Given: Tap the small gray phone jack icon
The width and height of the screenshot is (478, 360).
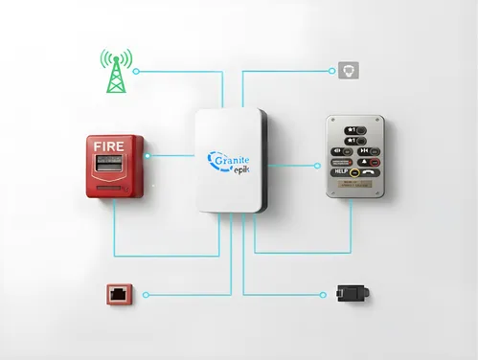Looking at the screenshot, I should click(x=346, y=70).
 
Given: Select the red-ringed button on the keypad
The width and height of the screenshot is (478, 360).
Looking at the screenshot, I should click(x=355, y=173).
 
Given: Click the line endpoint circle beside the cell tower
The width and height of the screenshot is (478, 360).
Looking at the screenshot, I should click(x=136, y=71).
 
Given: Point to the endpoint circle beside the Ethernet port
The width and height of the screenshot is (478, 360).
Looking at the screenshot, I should click(x=146, y=295).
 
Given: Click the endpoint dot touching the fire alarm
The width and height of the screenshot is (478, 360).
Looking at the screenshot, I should click(x=147, y=154).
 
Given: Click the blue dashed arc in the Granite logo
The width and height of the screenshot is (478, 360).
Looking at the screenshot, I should click(x=214, y=159).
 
